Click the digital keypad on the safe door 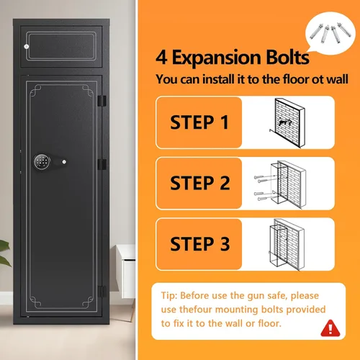click(42, 162)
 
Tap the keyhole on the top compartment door click(27, 46)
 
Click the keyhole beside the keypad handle click(64, 162)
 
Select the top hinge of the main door click(102, 101)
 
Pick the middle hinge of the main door click(102, 164)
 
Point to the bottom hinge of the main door click(102, 292)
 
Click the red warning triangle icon click(330, 328)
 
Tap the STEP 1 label click(199, 122)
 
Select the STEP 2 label click(200, 183)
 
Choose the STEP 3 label click(200, 244)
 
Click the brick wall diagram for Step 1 click(287, 122)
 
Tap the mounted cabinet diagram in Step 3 click(287, 245)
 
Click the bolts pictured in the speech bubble click(330, 33)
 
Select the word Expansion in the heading click(217, 58)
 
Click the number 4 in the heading click(161, 58)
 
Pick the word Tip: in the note click(169, 295)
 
